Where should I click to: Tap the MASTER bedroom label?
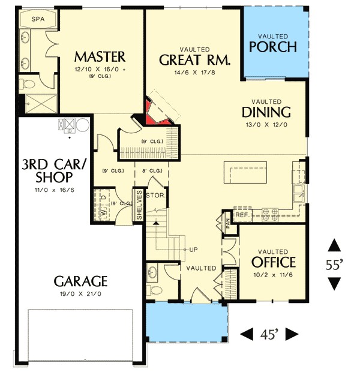[x=100, y=57]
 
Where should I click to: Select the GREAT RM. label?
[x=194, y=61]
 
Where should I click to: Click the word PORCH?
[x=273, y=47]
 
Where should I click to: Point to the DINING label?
[x=266, y=112]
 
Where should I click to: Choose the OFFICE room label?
[x=274, y=262]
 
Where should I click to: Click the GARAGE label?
[x=80, y=281]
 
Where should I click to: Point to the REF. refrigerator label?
[x=242, y=214]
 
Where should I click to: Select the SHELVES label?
[x=139, y=205]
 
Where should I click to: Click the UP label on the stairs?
[x=193, y=249]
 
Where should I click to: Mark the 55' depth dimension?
[x=334, y=264]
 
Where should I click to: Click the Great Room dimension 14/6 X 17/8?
[x=194, y=74]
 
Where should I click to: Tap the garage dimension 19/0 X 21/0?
[x=80, y=294]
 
